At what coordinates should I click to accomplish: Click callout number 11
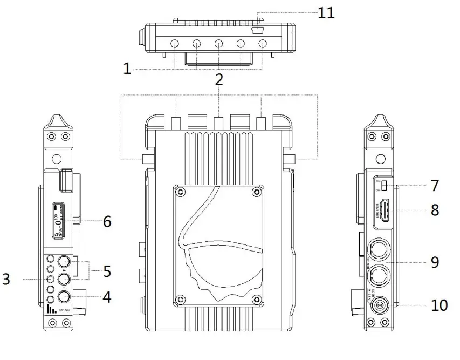[x=326, y=13]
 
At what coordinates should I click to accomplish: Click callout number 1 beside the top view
[x=127, y=69]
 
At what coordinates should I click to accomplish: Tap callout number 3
[x=6, y=279]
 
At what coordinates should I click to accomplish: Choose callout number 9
[x=435, y=262]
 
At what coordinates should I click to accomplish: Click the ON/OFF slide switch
[x=384, y=186]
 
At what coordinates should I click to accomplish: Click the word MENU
[x=65, y=310]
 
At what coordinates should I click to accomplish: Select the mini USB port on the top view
[x=258, y=31]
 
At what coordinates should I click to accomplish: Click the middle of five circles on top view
[x=218, y=44]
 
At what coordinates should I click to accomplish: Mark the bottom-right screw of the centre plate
[x=257, y=296]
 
